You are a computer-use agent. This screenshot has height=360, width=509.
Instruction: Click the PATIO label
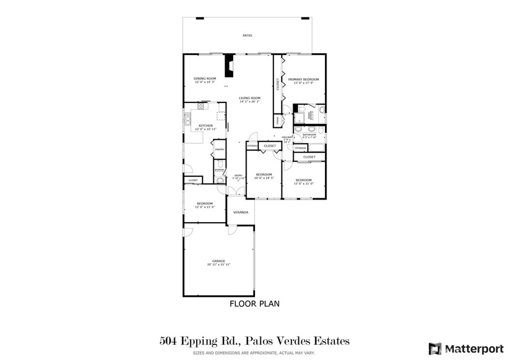click(247, 36)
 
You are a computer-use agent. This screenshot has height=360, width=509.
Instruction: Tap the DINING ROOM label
click(205, 79)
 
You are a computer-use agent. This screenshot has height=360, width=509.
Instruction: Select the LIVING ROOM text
click(250, 98)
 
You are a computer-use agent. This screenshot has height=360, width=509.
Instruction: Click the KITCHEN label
click(206, 126)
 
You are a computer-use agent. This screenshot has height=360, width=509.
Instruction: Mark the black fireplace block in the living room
click(229, 66)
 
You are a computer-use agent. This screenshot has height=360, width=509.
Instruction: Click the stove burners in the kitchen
click(201, 106)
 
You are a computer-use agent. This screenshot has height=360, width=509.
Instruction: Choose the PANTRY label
click(220, 150)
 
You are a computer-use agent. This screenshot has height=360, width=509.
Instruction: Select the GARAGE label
click(219, 261)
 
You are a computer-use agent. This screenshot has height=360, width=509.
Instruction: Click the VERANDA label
click(241, 212)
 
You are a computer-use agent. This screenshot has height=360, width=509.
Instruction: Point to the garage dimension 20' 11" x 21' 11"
click(219, 265)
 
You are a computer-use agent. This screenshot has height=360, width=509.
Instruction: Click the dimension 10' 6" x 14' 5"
click(264, 179)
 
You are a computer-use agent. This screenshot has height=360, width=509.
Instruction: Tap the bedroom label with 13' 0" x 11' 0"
click(303, 180)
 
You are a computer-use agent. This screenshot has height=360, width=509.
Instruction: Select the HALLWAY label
click(287, 137)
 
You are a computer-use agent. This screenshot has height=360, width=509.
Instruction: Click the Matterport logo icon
click(435, 348)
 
